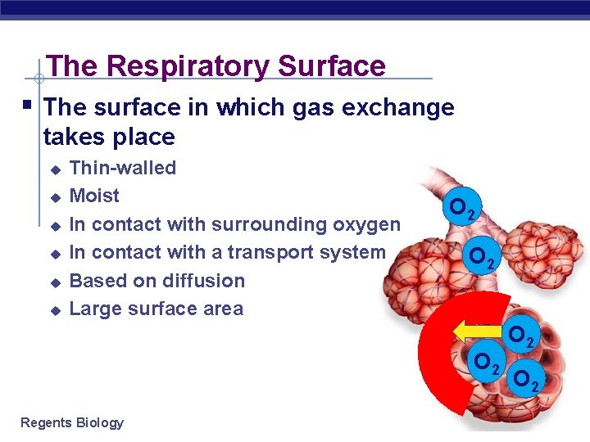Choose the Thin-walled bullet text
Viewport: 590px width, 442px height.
[123, 168]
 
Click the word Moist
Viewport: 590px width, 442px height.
[94, 196]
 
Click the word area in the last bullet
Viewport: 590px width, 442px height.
[224, 309]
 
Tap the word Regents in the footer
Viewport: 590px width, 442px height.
[45, 422]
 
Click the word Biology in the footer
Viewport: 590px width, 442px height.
[99, 422]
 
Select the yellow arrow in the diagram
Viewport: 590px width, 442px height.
[475, 331]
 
